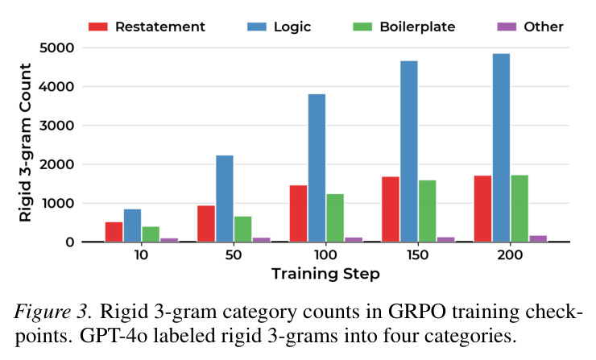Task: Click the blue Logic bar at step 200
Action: point(501,147)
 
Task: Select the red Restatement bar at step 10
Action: point(114,232)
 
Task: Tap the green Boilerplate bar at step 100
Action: point(335,217)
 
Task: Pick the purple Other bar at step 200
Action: point(538,238)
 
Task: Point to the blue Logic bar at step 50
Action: point(225,198)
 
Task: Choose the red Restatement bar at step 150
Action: point(391,209)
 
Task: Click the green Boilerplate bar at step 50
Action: point(243,229)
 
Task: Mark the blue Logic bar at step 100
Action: point(317,168)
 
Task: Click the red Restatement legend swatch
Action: point(98,27)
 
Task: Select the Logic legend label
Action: point(292,27)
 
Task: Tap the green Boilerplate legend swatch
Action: point(362,27)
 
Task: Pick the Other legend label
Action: point(544,27)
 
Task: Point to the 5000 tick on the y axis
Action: point(56,48)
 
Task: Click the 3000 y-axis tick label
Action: point(56,126)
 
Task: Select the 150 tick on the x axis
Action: point(418,254)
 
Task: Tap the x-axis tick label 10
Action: point(141,254)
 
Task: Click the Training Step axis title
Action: point(325,274)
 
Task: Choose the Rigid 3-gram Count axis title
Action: point(25,143)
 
